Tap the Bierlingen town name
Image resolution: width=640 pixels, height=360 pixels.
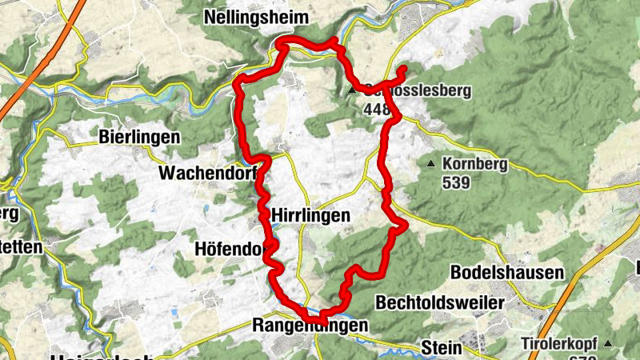coord(140,137)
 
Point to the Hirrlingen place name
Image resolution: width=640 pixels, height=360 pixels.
coord(311,215)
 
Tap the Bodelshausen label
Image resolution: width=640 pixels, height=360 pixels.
coord(507,273)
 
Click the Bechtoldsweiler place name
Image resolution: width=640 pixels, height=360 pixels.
coord(440,303)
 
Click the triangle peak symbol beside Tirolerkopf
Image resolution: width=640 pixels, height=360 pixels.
coord(608,344)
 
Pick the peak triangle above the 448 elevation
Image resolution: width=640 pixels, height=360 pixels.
coord(352,91)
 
